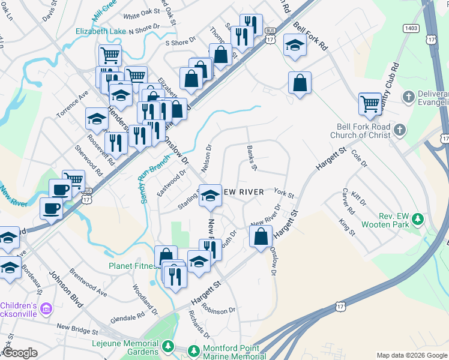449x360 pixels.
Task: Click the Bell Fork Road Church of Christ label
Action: [x=360, y=131]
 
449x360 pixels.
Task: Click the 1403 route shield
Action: [x=411, y=28]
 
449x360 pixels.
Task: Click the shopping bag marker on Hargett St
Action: [x=261, y=238]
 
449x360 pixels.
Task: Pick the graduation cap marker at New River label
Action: [x=209, y=196]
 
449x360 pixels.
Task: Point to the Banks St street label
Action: [x=252, y=158]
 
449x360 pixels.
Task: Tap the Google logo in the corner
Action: [x=20, y=353]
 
